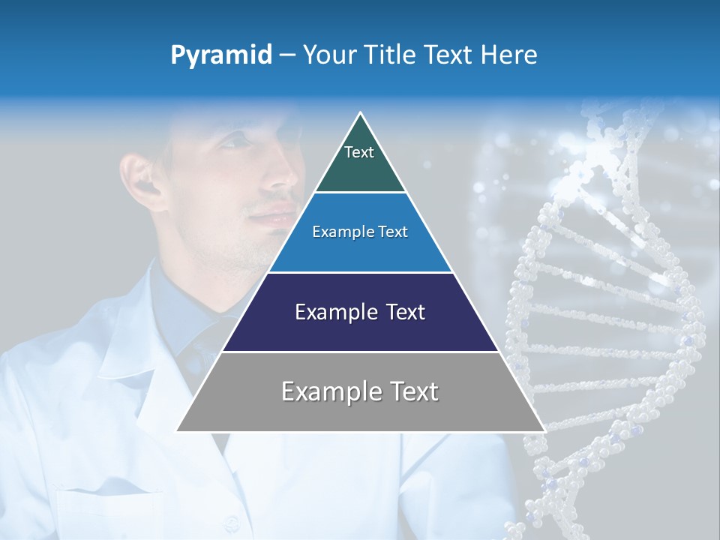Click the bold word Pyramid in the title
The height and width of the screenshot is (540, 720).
221,55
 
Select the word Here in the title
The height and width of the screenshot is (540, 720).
511,55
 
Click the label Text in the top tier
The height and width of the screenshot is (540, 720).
358,152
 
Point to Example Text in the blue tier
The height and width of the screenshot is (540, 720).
360,232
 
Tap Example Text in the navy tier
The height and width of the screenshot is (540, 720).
360,312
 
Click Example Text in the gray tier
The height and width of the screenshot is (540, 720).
360,391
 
